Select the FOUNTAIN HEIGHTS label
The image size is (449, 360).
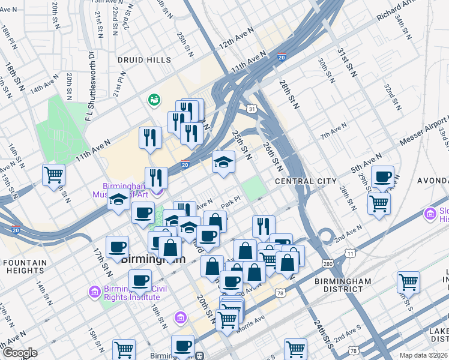click(x=23, y=266)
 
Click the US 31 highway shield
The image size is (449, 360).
click(x=253, y=109)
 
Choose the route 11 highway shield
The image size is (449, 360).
click(x=349, y=253)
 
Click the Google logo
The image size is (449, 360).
click(x=19, y=353)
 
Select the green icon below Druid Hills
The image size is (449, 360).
click(x=154, y=99)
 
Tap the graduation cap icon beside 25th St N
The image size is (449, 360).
click(x=223, y=162)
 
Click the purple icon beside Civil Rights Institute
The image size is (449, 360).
click(x=94, y=292)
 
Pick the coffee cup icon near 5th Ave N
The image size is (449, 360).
click(x=382, y=177)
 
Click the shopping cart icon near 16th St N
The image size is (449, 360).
click(x=53, y=175)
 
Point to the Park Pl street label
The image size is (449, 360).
click(x=231, y=205)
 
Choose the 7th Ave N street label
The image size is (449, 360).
click(x=333, y=131)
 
